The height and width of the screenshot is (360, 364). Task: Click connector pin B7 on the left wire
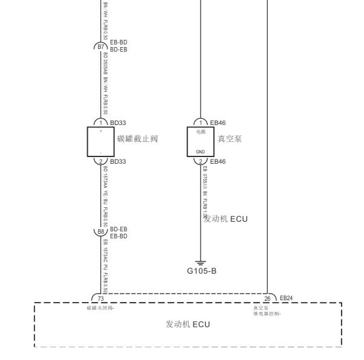tap(100, 45)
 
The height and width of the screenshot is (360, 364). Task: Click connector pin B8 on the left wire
tap(100, 232)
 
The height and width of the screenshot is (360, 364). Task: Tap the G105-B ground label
tap(201, 270)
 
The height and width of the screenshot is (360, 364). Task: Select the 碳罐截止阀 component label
tap(137, 139)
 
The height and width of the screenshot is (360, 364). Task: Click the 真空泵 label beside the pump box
tap(230, 139)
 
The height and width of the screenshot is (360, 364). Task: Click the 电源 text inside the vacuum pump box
tap(201, 131)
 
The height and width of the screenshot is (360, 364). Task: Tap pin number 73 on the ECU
tap(101, 298)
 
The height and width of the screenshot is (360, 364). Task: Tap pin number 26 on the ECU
tap(267, 298)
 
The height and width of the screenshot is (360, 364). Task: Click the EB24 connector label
tap(286, 298)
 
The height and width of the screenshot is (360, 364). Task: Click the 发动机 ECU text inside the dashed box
tap(187, 324)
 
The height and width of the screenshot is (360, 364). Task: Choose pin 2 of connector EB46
tap(201, 161)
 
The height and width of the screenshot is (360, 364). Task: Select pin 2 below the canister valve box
tap(101, 161)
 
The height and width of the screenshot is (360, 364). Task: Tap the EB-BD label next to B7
tap(119, 42)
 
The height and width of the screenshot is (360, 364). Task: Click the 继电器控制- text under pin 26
tap(267, 313)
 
